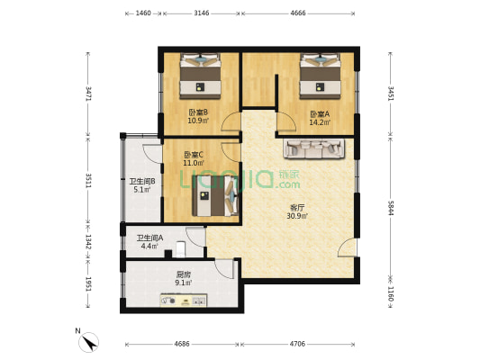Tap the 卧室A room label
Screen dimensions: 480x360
click(320, 114)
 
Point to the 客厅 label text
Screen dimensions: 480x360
click(297, 208)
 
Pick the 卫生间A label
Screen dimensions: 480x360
click(150, 238)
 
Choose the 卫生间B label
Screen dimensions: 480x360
click(142, 182)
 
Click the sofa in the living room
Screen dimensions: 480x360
click(314, 149)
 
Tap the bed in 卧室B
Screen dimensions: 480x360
click(200, 76)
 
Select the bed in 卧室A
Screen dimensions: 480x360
click(321, 76)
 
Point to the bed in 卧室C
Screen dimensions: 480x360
click(215, 195)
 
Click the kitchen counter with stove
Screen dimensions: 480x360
click(184, 300)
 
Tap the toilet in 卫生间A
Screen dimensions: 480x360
click(180, 249)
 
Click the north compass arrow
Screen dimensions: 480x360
click(89, 342)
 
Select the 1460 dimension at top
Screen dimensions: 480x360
click(143, 13)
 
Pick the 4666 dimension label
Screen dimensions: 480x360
click(298, 13)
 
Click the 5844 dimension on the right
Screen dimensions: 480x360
click(391, 208)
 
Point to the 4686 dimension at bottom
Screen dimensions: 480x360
click(182, 344)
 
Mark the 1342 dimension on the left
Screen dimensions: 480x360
click(88, 242)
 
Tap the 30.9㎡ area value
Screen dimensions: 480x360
click(297, 216)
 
